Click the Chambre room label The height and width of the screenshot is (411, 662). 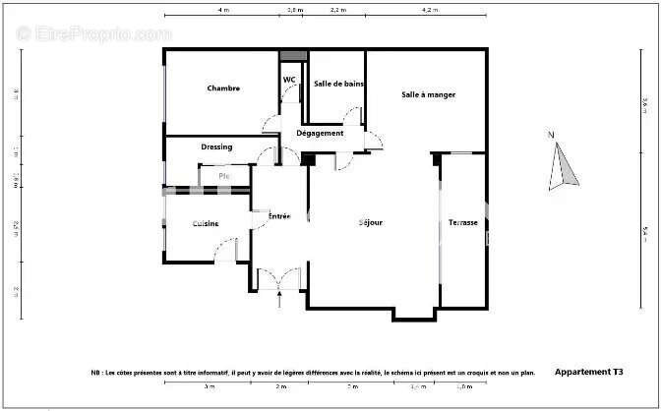coord(223,88)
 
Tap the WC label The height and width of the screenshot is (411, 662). coord(290,80)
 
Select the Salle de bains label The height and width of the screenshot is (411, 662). coord(338,84)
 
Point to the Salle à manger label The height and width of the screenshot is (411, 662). coord(428,94)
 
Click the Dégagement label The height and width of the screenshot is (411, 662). coord(320,133)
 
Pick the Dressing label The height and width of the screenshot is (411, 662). coord(216,147)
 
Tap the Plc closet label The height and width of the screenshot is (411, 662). coord(224,176)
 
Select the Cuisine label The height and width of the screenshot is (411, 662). coord(205,224)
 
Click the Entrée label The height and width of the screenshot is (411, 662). coord(279,215)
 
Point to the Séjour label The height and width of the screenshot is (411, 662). coord(370,222)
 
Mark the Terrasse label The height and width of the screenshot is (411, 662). coord(462,222)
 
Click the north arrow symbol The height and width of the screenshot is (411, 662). coord(564,166)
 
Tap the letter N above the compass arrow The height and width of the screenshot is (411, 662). coord(552,135)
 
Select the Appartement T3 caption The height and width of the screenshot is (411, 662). coord(588,373)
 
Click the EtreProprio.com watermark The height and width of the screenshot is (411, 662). coord(93,33)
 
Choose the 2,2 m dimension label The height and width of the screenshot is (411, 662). coord(336,9)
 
